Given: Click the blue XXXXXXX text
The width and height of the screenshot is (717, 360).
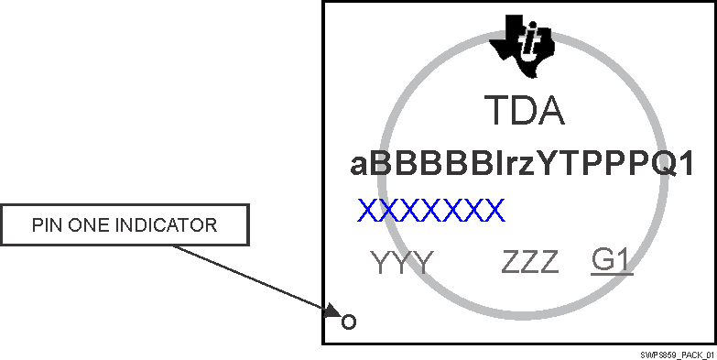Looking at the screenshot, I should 430,211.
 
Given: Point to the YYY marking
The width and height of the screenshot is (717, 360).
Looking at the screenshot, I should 402,263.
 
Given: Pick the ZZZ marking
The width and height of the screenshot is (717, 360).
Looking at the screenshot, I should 529,263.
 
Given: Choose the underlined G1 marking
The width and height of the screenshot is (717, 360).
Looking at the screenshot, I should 612,262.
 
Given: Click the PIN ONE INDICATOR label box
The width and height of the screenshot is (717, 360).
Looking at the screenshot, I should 125,225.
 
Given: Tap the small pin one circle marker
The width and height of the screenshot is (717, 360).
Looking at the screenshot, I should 348,322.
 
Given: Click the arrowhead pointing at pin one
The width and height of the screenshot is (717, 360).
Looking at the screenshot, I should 331,313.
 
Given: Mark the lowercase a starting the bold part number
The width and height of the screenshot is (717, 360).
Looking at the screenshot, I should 359,167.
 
